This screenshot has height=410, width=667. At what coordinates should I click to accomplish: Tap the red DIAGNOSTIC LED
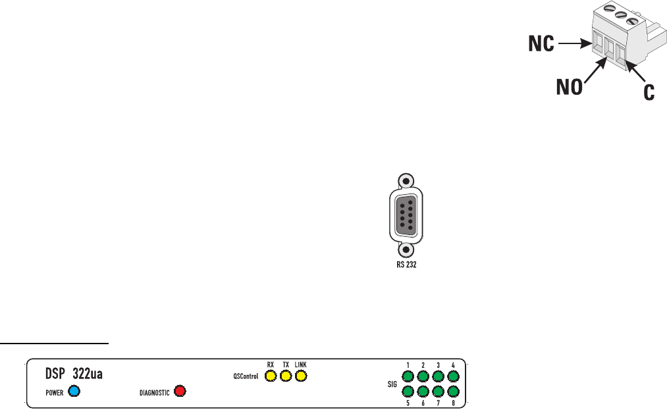click(178, 392)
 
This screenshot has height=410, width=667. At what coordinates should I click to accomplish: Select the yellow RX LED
click(270, 376)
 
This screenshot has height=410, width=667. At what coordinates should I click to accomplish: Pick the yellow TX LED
click(286, 376)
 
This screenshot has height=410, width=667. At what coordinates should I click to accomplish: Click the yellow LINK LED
click(301, 376)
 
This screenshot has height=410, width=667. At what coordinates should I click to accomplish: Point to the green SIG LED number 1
click(408, 376)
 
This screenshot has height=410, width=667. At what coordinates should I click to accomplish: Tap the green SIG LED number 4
click(453, 376)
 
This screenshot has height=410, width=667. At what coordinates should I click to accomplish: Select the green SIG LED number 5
click(408, 392)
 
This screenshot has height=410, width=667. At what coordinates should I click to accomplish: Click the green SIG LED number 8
click(453, 392)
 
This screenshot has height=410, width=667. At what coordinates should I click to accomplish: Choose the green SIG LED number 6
click(423, 392)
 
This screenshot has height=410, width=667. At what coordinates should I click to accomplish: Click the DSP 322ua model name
click(74, 374)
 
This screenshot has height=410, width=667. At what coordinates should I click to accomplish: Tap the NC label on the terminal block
click(543, 45)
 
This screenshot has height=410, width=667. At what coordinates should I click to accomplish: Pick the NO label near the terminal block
click(568, 88)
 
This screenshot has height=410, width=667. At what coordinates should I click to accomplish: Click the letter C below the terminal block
click(649, 93)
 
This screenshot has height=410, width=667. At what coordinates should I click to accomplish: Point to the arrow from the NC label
click(574, 45)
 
